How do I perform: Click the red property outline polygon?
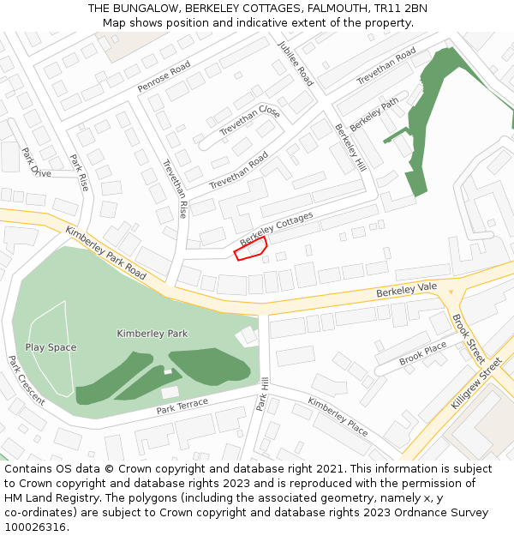[x=250, y=249]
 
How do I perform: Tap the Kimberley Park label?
[x=152, y=334]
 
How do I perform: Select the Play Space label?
[x=51, y=347]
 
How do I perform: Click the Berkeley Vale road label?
[x=406, y=291]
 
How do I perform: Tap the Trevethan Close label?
[x=249, y=121]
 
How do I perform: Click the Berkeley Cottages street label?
[x=276, y=228]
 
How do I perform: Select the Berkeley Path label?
[x=374, y=113]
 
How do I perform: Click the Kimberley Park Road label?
[x=105, y=253]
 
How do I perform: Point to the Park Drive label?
[x=36, y=162]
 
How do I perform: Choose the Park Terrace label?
[x=182, y=407]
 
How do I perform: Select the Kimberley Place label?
[x=338, y=417]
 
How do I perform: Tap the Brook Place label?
[x=422, y=352]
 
